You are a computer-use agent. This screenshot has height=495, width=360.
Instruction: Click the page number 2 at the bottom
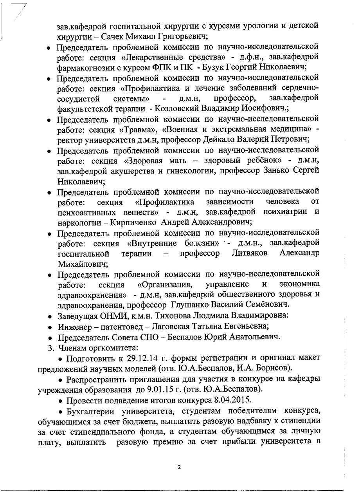click(179, 467)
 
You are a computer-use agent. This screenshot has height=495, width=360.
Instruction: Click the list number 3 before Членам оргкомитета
click(49, 347)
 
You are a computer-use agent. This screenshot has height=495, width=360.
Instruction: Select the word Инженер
click(73, 326)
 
